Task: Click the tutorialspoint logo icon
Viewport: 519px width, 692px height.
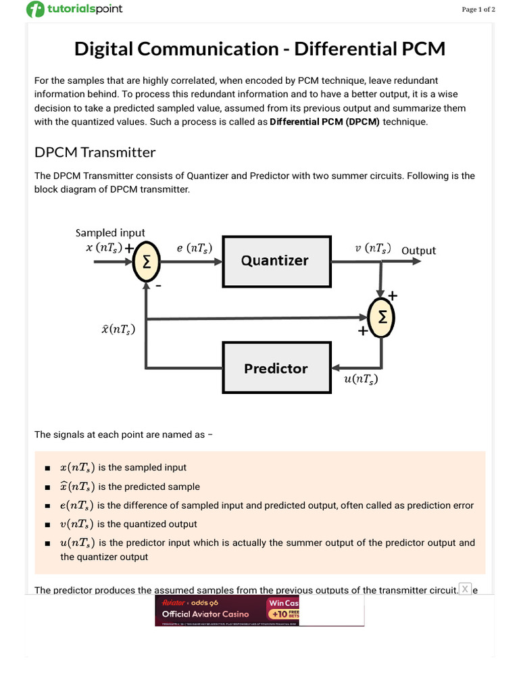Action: pos(35,9)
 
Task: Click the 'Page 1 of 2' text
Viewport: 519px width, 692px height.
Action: pos(478,9)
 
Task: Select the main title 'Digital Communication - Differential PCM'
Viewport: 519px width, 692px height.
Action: pos(259,49)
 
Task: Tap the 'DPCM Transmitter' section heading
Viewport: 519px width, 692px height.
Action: pos(95,152)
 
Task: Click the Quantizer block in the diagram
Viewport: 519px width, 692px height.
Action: pos(276,260)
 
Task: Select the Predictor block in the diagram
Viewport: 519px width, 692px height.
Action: pos(276,368)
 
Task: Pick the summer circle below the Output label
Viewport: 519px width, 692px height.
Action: pos(382,317)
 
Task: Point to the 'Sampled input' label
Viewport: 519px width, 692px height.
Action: pos(109,232)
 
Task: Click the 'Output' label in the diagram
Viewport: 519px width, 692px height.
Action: pos(418,251)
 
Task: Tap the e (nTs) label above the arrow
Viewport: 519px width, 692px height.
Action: pos(194,249)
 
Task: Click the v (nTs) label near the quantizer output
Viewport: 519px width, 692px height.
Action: pos(373,249)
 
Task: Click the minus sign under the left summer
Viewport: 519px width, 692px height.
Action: pos(159,286)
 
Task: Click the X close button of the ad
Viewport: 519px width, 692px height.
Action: pos(465,589)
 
